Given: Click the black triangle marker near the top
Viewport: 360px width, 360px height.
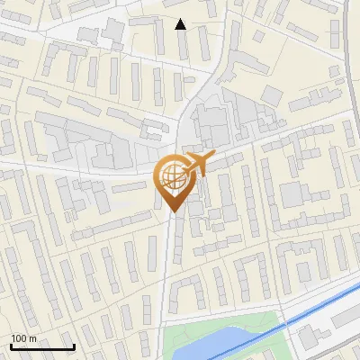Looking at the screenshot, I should tap(181, 24).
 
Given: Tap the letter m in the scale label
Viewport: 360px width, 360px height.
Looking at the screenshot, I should tap(32, 338).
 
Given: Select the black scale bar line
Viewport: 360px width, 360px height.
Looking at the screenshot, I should tap(41, 346).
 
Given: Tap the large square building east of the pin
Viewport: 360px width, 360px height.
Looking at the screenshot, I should tap(294, 194).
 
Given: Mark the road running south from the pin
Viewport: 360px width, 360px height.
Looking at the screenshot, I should tap(168, 270).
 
